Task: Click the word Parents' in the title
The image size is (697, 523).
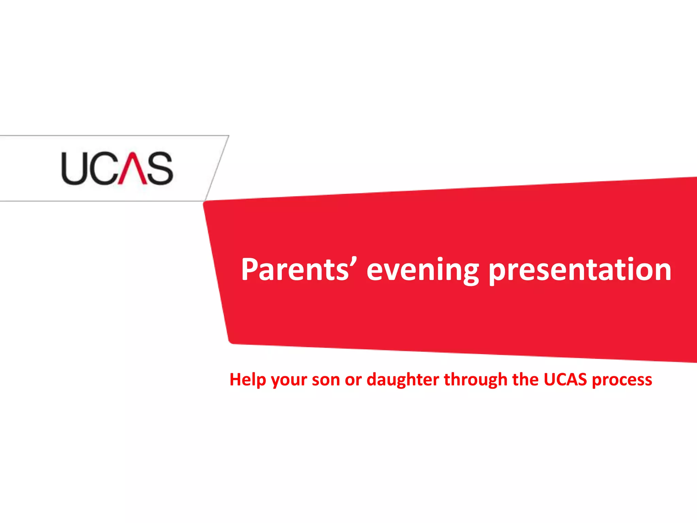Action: point(295,270)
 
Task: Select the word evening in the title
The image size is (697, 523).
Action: point(423,270)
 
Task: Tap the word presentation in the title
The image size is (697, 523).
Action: point(580,270)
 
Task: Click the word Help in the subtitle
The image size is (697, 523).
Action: point(247,380)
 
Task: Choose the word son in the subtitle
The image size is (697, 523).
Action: point(326,380)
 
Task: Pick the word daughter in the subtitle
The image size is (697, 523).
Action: point(403,380)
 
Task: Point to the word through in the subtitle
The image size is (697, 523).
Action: point(475,380)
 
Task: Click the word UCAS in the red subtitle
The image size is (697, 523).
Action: point(565,379)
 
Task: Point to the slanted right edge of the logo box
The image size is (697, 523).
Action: point(217,168)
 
